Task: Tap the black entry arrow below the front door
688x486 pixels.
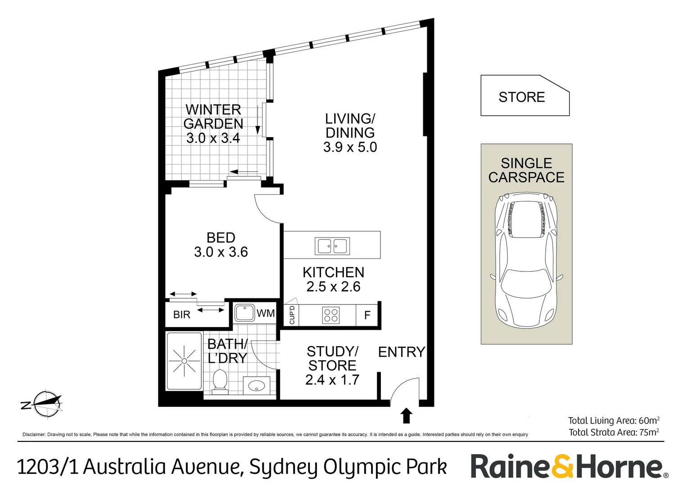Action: tap(406, 415)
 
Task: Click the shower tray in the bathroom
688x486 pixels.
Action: tap(184, 361)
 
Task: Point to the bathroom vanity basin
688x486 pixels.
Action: tap(257, 386)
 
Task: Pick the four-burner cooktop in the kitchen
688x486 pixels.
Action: tap(331, 315)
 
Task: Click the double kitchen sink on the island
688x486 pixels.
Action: tap(332, 246)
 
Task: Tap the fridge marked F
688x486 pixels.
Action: tap(367, 315)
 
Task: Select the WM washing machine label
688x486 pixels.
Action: tap(266, 313)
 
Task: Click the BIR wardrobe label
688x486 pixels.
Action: tap(182, 315)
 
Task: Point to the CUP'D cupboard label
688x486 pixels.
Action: tap(292, 315)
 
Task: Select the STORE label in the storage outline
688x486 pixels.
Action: tap(521, 97)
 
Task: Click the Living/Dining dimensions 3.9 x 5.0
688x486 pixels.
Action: tap(350, 147)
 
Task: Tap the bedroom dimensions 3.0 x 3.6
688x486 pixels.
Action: tap(221, 252)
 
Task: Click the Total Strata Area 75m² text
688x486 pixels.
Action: tap(614, 432)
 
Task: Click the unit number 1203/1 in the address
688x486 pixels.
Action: tap(47, 467)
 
